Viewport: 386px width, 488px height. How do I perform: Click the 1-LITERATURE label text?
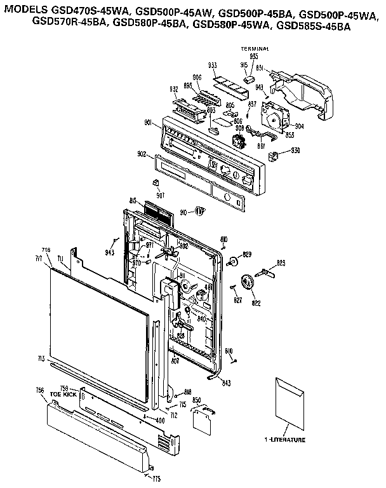click(x=285, y=440)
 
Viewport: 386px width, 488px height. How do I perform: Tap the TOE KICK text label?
click(x=63, y=395)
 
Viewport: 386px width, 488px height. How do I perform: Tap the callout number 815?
click(x=133, y=201)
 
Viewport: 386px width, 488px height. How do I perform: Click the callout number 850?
click(x=197, y=400)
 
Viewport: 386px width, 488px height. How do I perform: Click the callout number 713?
click(x=41, y=360)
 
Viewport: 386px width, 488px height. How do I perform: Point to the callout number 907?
click(x=160, y=194)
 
